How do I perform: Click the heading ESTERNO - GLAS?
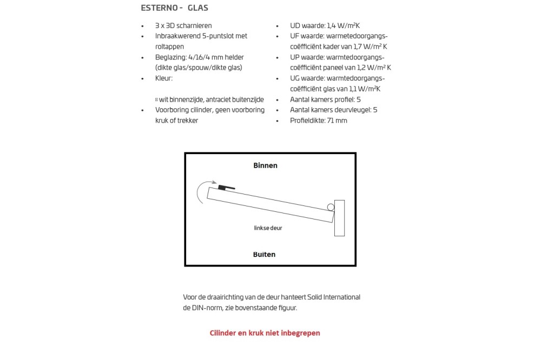pyautogui.click(x=174, y=8)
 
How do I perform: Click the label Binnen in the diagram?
pyautogui.click(x=265, y=165)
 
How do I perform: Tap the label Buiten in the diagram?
pyautogui.click(x=264, y=254)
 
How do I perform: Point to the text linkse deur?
pyautogui.click(x=268, y=228)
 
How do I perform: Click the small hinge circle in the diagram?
pyautogui.click(x=330, y=206)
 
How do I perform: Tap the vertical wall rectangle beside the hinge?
pyautogui.click(x=339, y=218)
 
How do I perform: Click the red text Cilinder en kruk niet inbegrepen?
pyautogui.click(x=265, y=333)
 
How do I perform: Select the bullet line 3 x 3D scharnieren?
pyautogui.click(x=183, y=25)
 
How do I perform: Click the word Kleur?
pyautogui.click(x=164, y=78)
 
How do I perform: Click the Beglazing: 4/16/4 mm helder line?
pyautogui.click(x=200, y=57)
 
